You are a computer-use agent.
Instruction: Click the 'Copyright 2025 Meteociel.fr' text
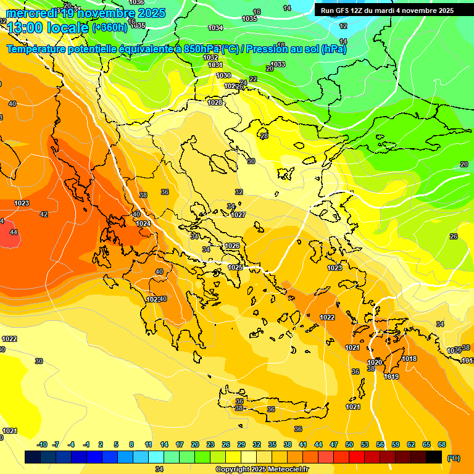(x=262, y=469)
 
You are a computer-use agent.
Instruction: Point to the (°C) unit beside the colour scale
(x=454, y=458)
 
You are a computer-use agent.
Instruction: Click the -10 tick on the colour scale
(x=42, y=444)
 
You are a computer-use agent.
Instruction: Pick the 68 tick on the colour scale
(x=443, y=444)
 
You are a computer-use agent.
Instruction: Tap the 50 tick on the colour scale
(x=349, y=444)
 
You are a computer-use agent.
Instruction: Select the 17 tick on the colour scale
(x=180, y=444)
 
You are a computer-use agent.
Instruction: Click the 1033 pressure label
(x=278, y=64)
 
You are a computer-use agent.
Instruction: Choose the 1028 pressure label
(x=215, y=102)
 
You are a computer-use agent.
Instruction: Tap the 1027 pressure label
(x=239, y=215)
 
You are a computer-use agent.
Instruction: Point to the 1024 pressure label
(x=143, y=223)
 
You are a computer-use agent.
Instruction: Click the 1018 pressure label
(x=409, y=359)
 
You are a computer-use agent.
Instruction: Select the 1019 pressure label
(x=391, y=376)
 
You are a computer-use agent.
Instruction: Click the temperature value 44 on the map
(x=14, y=232)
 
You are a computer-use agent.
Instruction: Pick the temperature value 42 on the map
(x=44, y=214)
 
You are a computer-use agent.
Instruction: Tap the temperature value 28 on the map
(x=264, y=136)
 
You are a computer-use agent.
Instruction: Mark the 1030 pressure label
(x=223, y=75)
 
